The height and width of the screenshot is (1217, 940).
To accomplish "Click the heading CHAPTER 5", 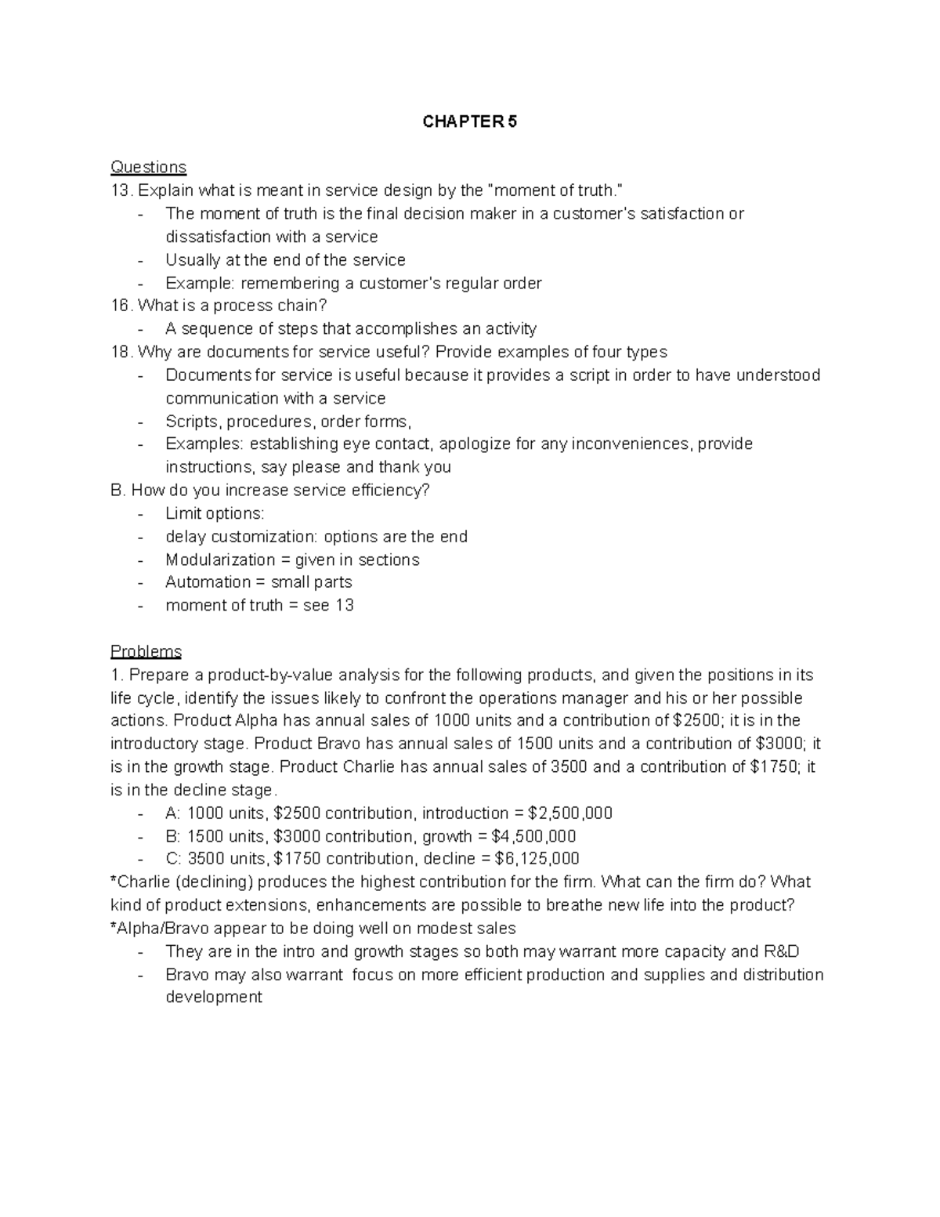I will click(x=470, y=121).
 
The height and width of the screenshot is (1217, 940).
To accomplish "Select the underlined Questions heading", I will click(x=149, y=167).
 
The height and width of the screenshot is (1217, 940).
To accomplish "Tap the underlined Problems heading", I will click(x=146, y=652).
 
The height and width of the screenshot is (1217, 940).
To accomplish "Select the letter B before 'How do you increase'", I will click(x=117, y=491).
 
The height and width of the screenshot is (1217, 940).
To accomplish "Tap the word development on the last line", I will click(x=214, y=998).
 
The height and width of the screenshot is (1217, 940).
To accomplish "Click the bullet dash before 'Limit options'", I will click(x=140, y=514).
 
